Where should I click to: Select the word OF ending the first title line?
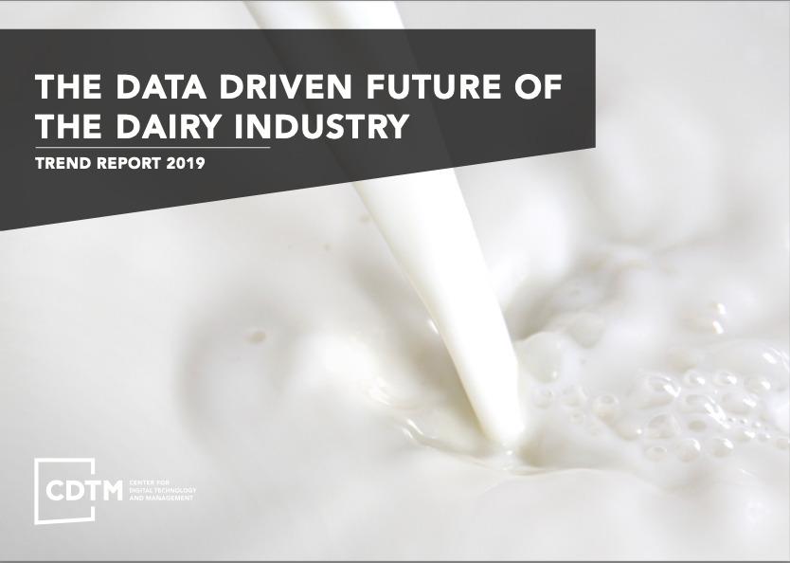click(532, 87)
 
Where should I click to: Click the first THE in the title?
click(65, 87)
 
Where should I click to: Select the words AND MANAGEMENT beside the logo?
click(156, 498)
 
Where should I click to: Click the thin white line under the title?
click(152, 147)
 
